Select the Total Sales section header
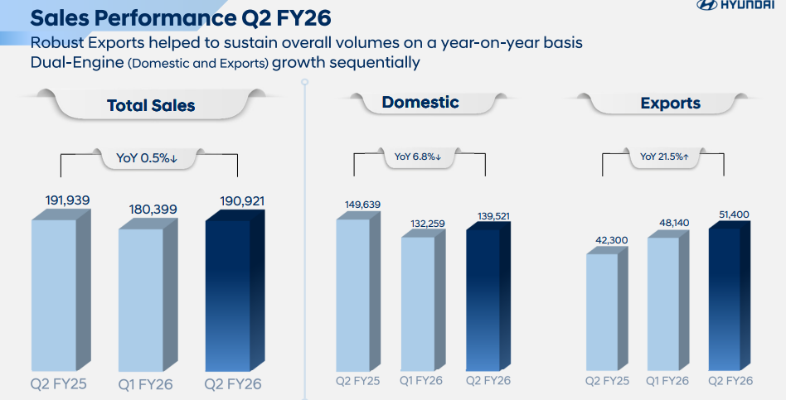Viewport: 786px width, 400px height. tap(151, 105)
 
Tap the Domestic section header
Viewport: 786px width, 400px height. tap(420, 103)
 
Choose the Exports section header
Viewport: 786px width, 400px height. tap(670, 104)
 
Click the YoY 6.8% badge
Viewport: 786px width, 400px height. tap(418, 156)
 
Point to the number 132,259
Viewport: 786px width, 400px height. tap(425, 223)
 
